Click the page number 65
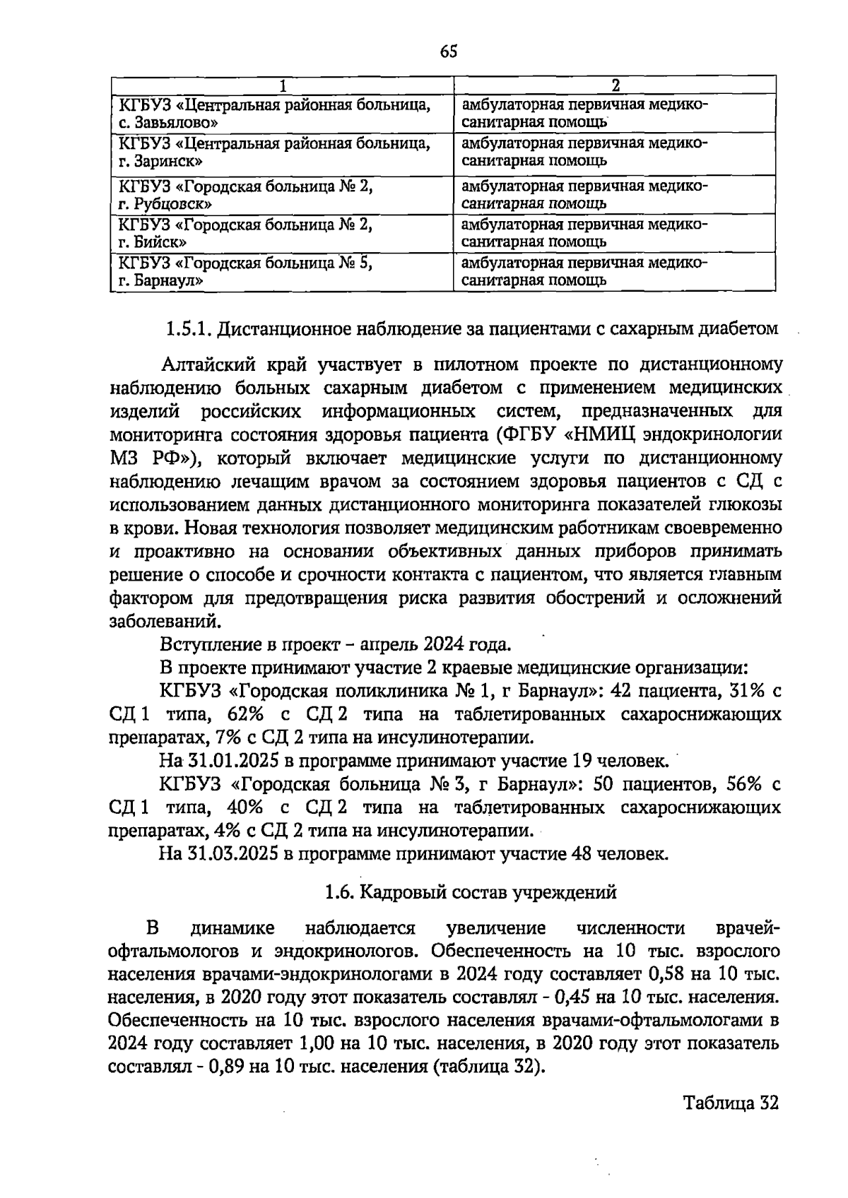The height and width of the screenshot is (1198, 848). (449, 52)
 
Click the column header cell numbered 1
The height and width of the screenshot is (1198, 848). (282, 85)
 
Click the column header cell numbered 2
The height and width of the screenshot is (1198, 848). (614, 85)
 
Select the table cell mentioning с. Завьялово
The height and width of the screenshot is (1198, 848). (282, 113)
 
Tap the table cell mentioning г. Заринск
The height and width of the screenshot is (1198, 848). (282, 151)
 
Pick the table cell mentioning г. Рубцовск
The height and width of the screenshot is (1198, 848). (282, 195)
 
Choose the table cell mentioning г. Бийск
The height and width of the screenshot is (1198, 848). (282, 233)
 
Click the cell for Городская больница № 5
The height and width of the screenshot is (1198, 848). (282, 271)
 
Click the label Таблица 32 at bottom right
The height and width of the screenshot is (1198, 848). (731, 1103)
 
